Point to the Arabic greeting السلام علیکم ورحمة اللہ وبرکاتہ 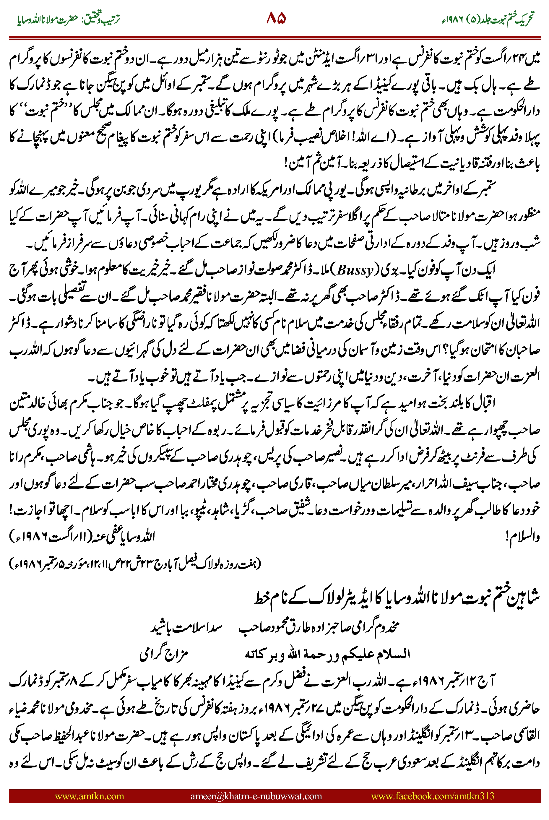point(327,654)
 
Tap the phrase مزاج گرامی point(164,654)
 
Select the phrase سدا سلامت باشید point(186,627)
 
